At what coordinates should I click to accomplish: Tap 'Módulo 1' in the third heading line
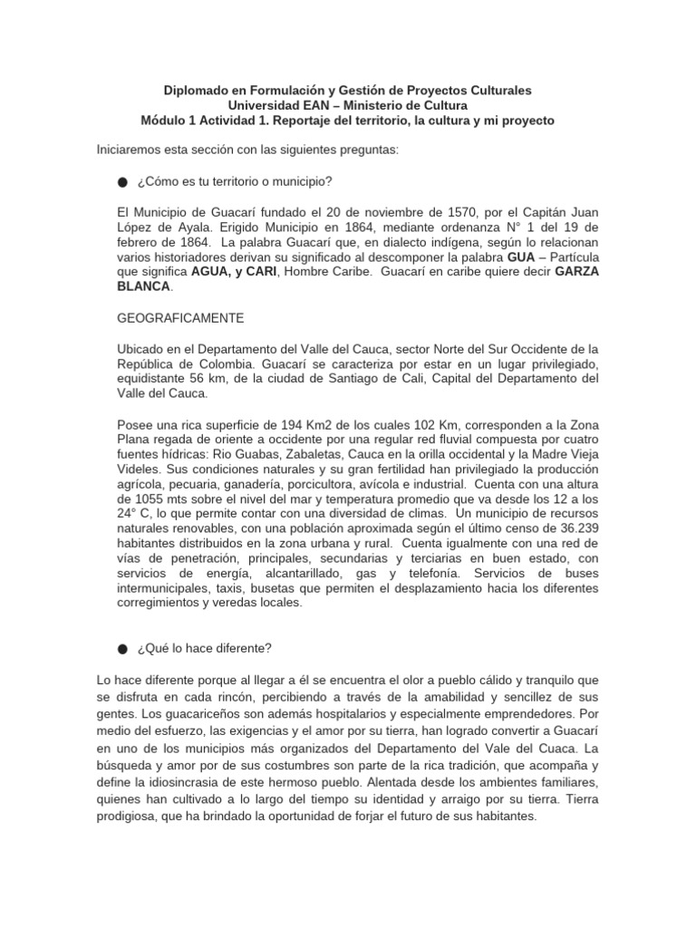pos(169,121)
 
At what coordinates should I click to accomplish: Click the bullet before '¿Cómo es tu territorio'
pos(122,182)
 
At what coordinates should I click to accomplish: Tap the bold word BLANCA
pos(144,285)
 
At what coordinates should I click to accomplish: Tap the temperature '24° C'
pos(137,513)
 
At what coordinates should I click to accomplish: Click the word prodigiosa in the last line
pos(132,815)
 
